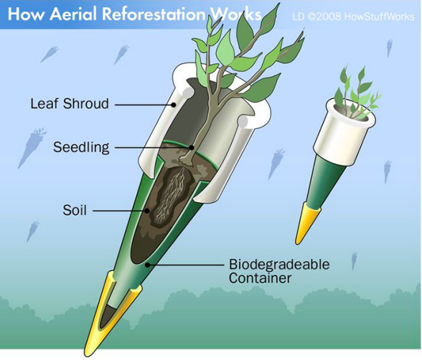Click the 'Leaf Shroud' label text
[70, 103]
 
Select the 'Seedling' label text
[81, 147]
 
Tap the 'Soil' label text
[75, 209]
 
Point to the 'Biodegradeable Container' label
[279, 271]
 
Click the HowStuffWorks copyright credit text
[353, 16]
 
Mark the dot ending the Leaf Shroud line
[174, 105]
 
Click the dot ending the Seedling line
[192, 147]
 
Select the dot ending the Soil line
[147, 211]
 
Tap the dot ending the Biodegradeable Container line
[147, 265]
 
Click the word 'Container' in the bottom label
[260, 278]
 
